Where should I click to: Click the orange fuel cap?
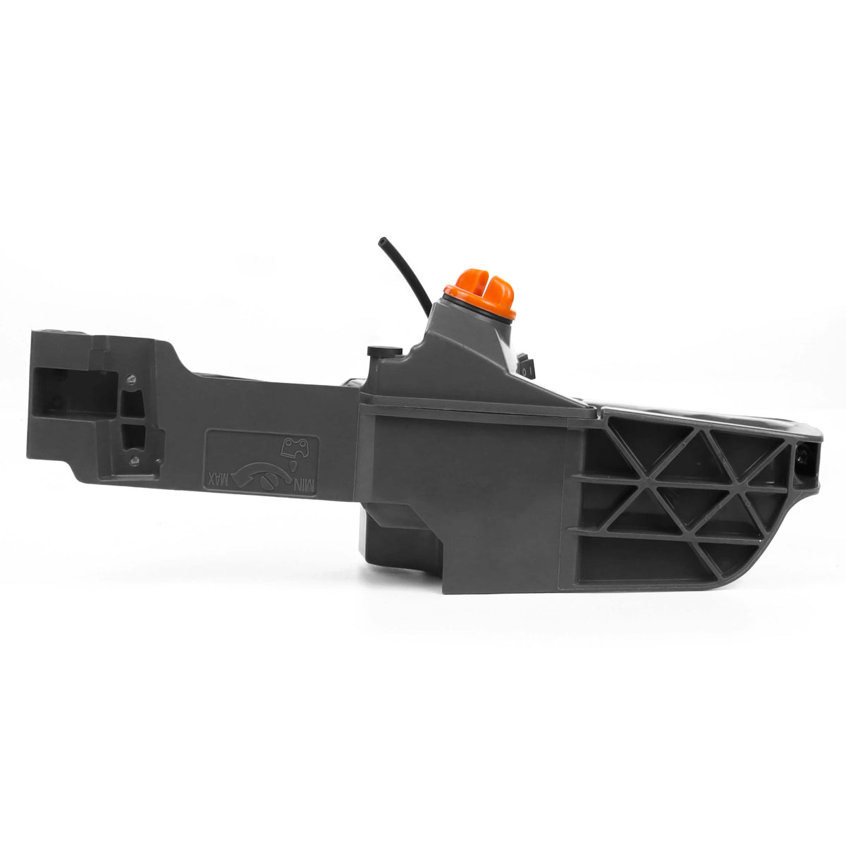point(480,291)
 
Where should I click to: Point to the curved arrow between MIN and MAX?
point(257,470)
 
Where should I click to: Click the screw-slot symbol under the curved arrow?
point(266,482)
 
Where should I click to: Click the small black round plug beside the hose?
point(385,352)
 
